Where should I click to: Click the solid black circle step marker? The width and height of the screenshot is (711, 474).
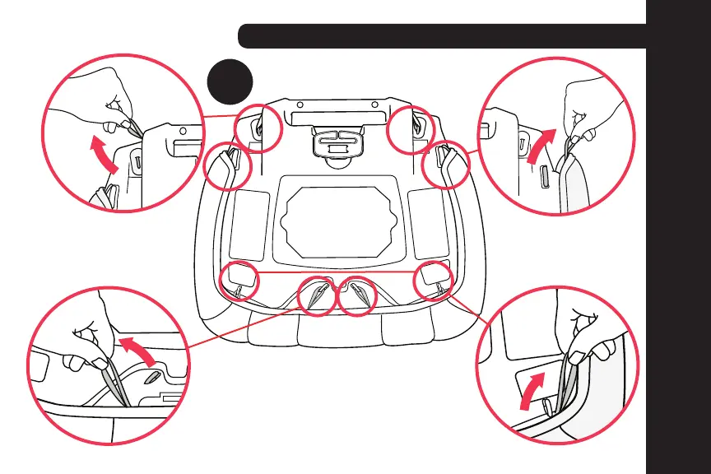point(229,81)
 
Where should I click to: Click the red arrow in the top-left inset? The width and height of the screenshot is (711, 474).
point(103,156)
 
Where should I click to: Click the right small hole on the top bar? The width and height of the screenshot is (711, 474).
point(375,105)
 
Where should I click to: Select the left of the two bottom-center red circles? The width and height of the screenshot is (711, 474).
point(316,295)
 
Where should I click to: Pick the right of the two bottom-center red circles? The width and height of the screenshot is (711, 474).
point(359,295)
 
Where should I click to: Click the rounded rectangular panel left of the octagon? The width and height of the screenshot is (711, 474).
point(249,222)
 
